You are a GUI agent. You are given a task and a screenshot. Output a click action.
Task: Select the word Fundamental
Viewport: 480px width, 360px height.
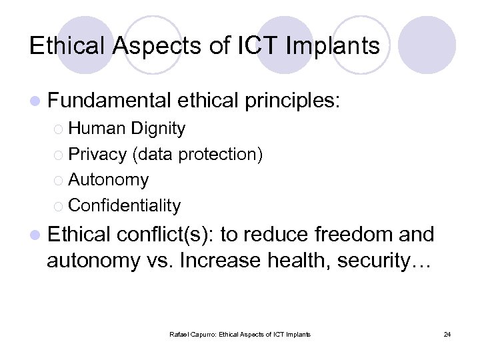[x=109, y=101]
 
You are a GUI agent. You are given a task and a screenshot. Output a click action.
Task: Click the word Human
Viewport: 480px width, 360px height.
[x=97, y=128]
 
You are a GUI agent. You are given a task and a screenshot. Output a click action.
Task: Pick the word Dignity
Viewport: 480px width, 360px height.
[x=159, y=128]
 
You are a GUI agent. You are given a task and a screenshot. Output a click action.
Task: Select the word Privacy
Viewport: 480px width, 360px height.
[x=97, y=154]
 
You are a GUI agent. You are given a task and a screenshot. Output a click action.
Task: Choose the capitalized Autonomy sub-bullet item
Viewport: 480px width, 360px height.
[x=108, y=180]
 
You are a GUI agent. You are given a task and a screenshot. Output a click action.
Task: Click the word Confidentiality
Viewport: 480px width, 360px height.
[x=124, y=205]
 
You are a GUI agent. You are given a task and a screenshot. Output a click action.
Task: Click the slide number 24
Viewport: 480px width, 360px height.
[x=447, y=334]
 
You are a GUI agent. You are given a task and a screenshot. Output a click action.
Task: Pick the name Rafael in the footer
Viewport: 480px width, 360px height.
[x=179, y=334]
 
